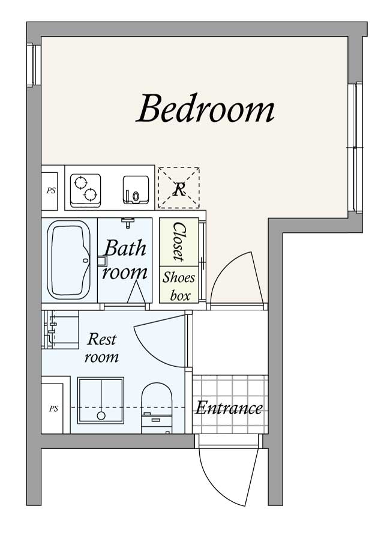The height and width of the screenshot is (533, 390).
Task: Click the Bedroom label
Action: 205,109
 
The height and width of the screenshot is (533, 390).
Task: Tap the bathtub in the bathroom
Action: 69,260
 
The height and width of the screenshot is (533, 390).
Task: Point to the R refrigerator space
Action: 179,188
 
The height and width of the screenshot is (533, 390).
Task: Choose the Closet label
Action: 179,242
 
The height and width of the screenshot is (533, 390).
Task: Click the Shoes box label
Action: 179,286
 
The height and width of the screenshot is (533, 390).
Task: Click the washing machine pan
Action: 101,400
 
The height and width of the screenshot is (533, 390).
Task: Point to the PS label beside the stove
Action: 51,191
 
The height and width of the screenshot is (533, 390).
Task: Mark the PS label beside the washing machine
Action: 53,409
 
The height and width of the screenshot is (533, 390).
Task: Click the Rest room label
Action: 101,348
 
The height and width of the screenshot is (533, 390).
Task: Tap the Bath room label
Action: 125,260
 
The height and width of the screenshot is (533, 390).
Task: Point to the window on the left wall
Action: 34,65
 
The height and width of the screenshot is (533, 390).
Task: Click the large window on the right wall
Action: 355,148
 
